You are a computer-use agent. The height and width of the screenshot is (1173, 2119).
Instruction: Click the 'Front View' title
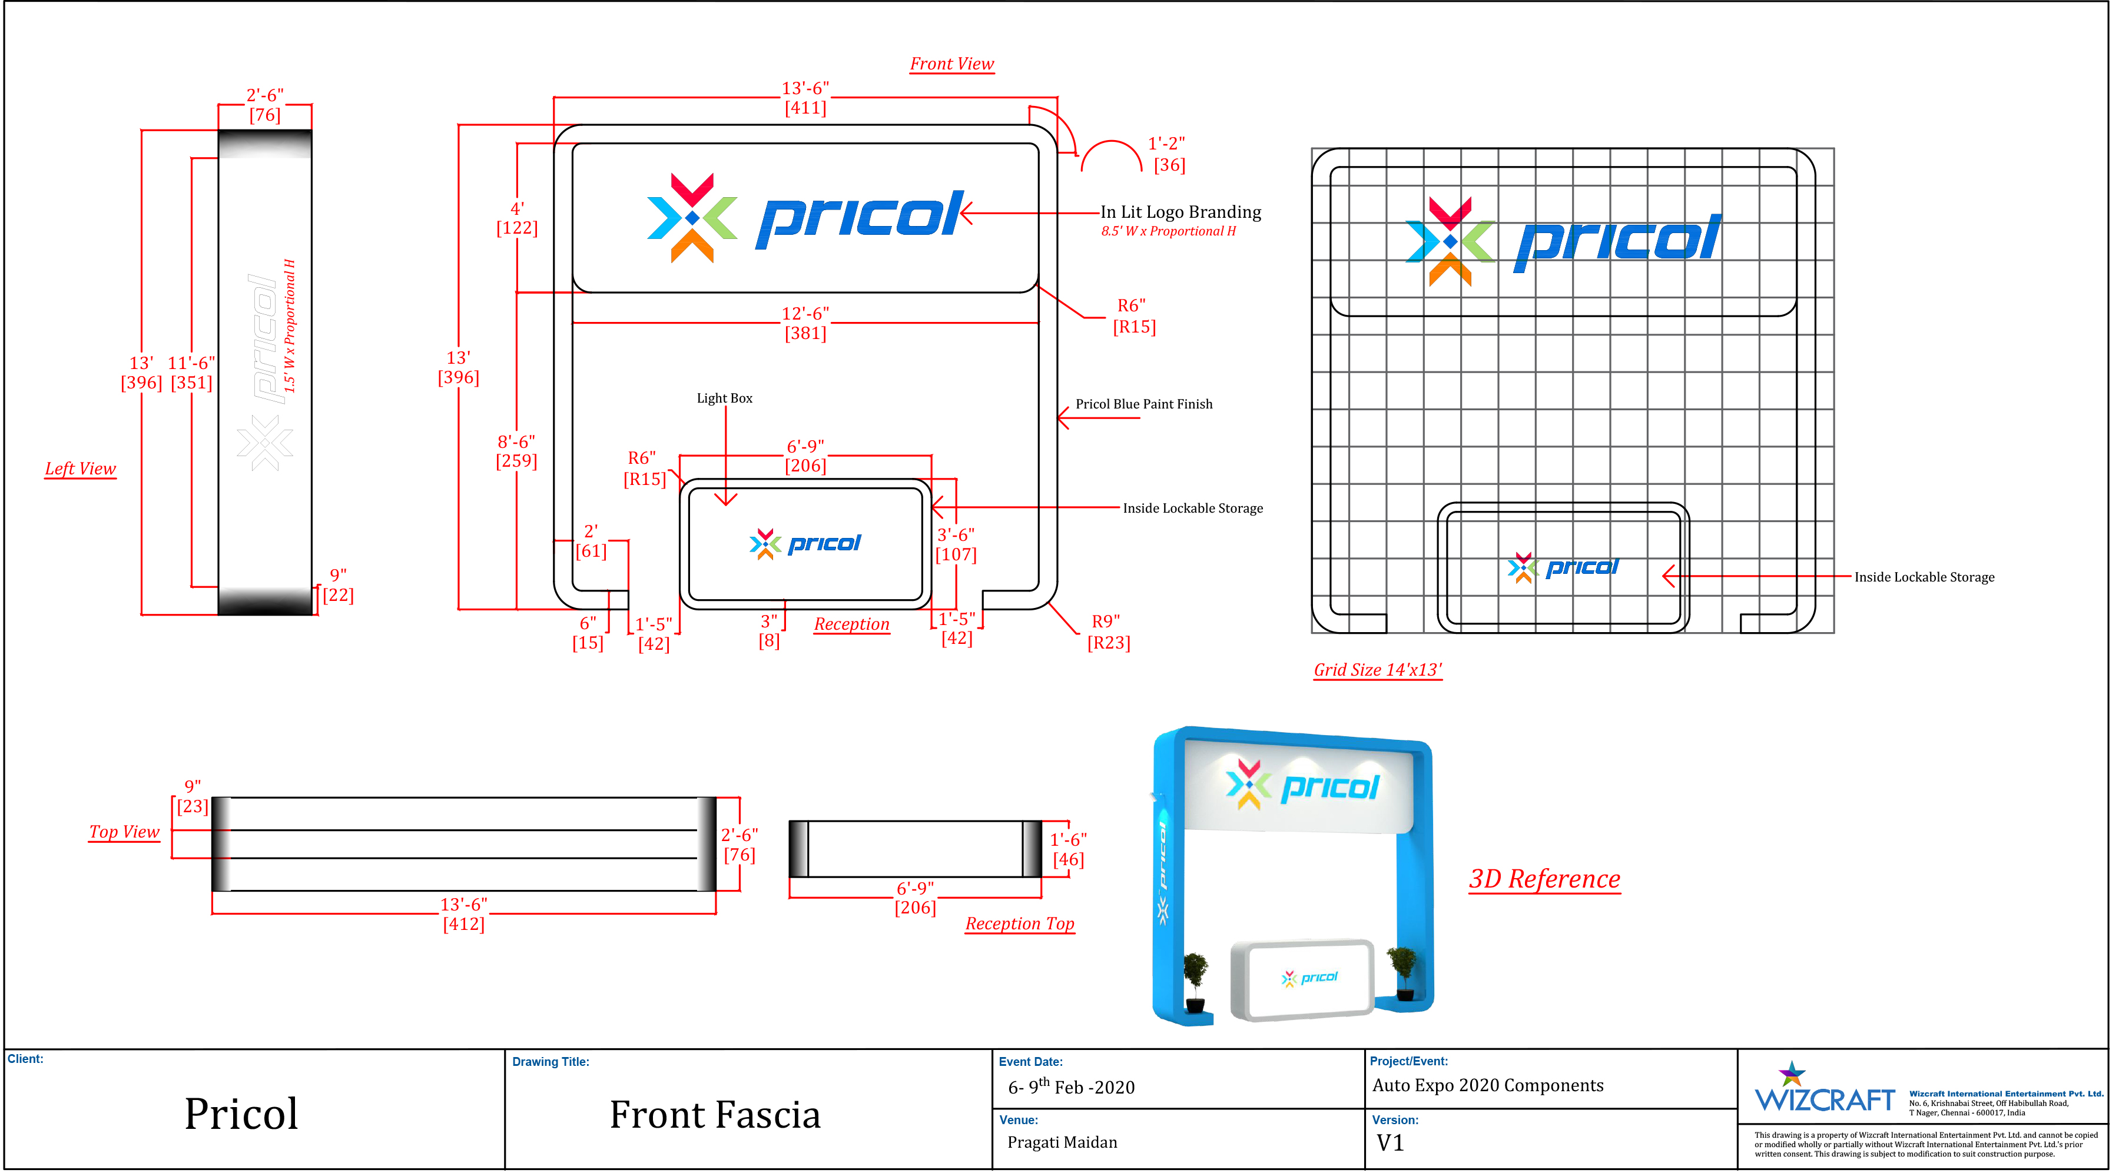tap(951, 64)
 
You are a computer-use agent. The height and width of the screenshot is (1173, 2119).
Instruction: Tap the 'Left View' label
tap(81, 469)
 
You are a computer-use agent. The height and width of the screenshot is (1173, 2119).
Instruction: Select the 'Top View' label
tap(124, 832)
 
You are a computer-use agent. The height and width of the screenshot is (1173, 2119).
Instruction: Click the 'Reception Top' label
tap(1020, 924)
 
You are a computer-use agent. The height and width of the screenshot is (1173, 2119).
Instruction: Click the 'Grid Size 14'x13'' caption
tap(1378, 670)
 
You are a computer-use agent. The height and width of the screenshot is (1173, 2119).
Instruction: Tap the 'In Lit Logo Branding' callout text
tap(1180, 212)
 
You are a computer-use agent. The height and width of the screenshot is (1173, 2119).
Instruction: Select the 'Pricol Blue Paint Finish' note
tap(1144, 404)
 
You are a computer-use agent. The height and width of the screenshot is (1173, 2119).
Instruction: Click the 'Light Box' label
tap(725, 398)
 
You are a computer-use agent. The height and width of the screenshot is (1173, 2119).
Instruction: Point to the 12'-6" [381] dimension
tap(805, 323)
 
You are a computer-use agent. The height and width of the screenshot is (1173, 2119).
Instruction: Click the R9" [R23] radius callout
tap(1108, 632)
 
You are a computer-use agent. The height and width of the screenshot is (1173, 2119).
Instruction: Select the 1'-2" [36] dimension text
tap(1168, 154)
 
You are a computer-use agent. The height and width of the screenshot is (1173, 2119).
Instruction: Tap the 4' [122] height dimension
tap(516, 218)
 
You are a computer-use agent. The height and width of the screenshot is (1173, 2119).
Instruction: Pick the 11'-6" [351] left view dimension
tap(192, 373)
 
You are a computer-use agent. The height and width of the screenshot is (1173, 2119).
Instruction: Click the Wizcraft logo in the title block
tap(1825, 1088)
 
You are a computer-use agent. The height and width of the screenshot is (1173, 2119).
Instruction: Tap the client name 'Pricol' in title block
tap(241, 1114)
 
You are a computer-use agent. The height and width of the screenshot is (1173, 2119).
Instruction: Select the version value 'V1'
tap(1390, 1142)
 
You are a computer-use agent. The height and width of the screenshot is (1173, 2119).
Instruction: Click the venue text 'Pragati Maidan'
tap(1062, 1142)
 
